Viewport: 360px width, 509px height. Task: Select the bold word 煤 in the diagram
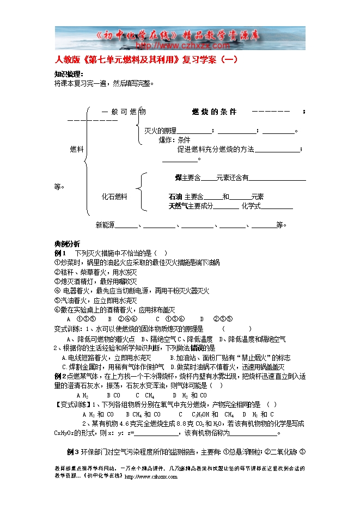tap(178, 177)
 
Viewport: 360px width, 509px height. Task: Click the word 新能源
tap(105, 224)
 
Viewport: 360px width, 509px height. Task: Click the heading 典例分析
tap(67, 243)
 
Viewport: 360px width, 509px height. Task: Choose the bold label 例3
tap(73, 451)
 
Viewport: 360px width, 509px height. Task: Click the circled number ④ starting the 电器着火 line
tap(57, 291)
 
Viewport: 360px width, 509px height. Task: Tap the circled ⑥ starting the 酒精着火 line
tap(57, 310)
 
